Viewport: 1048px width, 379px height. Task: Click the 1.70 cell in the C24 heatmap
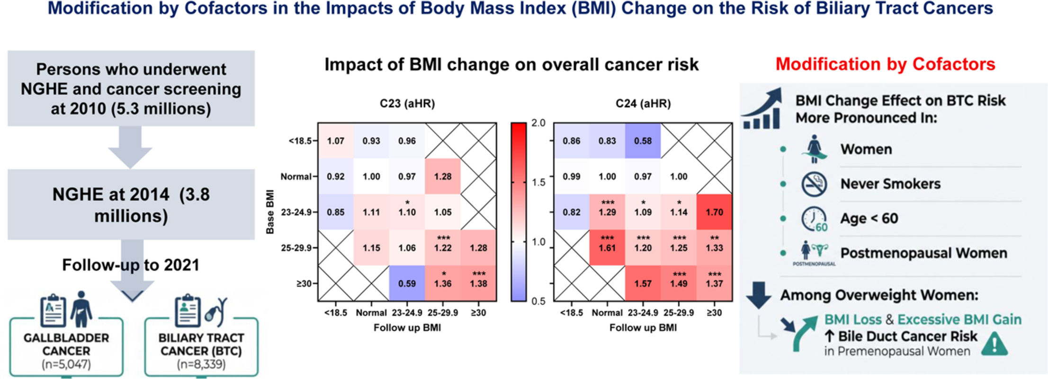(714, 212)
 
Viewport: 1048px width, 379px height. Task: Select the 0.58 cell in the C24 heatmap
(643, 141)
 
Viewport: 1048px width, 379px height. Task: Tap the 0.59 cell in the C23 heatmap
(407, 283)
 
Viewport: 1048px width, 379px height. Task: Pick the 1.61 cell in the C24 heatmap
(607, 247)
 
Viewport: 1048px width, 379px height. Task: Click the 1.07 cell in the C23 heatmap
(335, 141)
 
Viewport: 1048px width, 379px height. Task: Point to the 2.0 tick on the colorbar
(538, 123)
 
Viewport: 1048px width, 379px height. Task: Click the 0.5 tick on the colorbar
(538, 301)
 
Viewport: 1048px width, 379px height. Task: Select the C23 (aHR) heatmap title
(407, 103)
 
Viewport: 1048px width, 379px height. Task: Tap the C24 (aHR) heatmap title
(643, 103)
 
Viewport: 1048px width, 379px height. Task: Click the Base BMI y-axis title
(270, 212)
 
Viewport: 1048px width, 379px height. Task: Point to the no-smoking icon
(814, 184)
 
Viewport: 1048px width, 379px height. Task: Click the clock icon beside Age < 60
(814, 219)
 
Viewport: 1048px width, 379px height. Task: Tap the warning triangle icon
(994, 344)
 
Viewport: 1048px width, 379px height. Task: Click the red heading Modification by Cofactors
(885, 64)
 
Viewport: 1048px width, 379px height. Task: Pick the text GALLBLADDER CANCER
(66, 344)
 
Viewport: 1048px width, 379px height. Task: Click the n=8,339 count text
(201, 364)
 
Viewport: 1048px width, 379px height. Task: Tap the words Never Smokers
(890, 184)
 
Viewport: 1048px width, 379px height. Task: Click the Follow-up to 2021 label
(131, 265)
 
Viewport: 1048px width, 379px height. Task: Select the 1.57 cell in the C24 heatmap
(643, 283)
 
